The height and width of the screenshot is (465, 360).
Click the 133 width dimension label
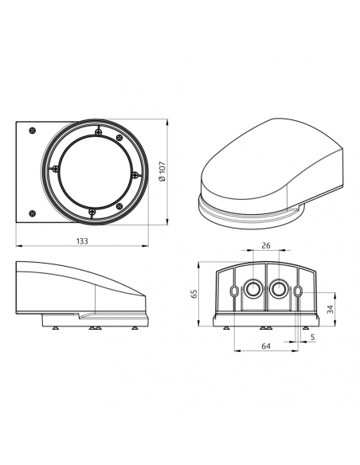(x=82, y=240)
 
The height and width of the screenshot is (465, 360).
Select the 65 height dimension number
(x=194, y=294)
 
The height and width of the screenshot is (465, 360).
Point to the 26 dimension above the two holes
(x=266, y=245)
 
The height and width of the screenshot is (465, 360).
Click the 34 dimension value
(x=330, y=308)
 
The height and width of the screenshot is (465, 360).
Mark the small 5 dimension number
(x=312, y=337)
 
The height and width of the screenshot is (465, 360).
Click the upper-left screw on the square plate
(x=31, y=131)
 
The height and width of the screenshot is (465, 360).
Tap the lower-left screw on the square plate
(x=31, y=212)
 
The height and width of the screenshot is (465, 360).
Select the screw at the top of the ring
(x=96, y=132)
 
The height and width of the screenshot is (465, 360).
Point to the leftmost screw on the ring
(x=55, y=168)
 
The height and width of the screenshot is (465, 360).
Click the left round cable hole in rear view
(x=253, y=288)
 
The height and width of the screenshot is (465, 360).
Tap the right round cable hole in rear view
(x=279, y=288)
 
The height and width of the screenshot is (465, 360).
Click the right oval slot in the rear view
(x=298, y=292)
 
